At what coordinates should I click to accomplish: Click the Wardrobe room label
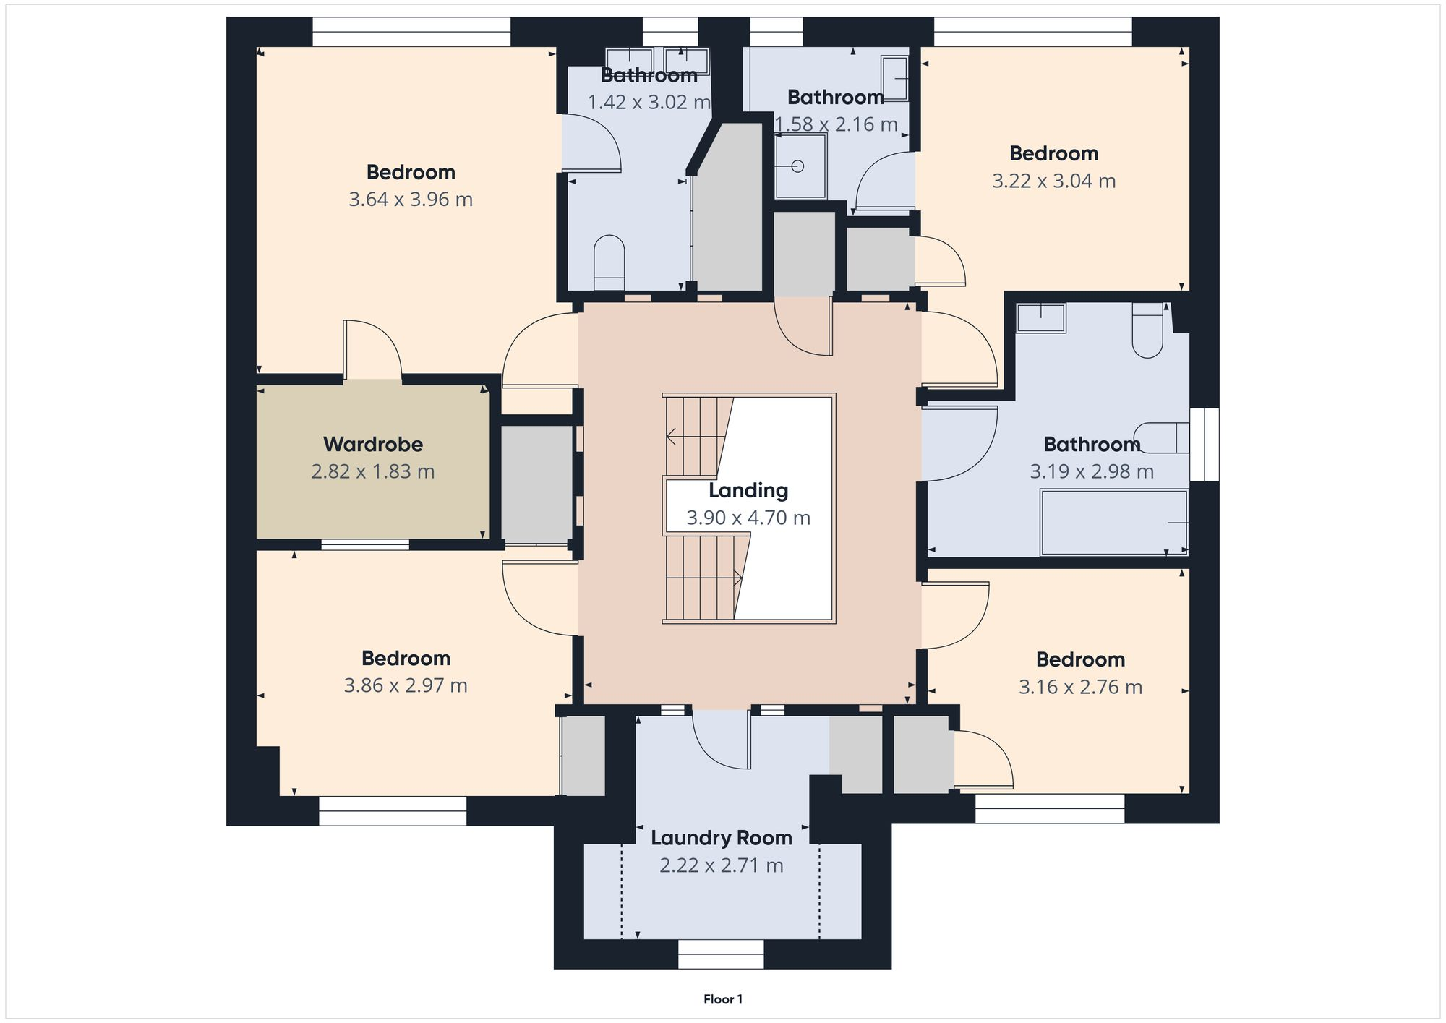click(x=372, y=444)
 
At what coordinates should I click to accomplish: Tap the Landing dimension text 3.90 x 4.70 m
click(x=748, y=518)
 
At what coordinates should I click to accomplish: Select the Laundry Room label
click(x=721, y=838)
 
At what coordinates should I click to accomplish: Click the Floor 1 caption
click(x=722, y=999)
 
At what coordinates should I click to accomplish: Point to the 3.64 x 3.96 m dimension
click(x=410, y=200)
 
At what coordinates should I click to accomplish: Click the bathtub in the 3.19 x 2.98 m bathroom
click(x=1113, y=522)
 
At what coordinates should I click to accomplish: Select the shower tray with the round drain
click(x=800, y=166)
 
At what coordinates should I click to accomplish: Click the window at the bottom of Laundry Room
click(x=721, y=954)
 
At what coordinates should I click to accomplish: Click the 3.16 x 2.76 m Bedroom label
click(x=1079, y=659)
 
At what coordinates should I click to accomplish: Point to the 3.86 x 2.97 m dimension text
click(x=405, y=685)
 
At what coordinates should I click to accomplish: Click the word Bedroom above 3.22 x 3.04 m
click(x=1053, y=153)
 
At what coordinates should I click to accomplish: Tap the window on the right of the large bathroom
click(x=1204, y=444)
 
